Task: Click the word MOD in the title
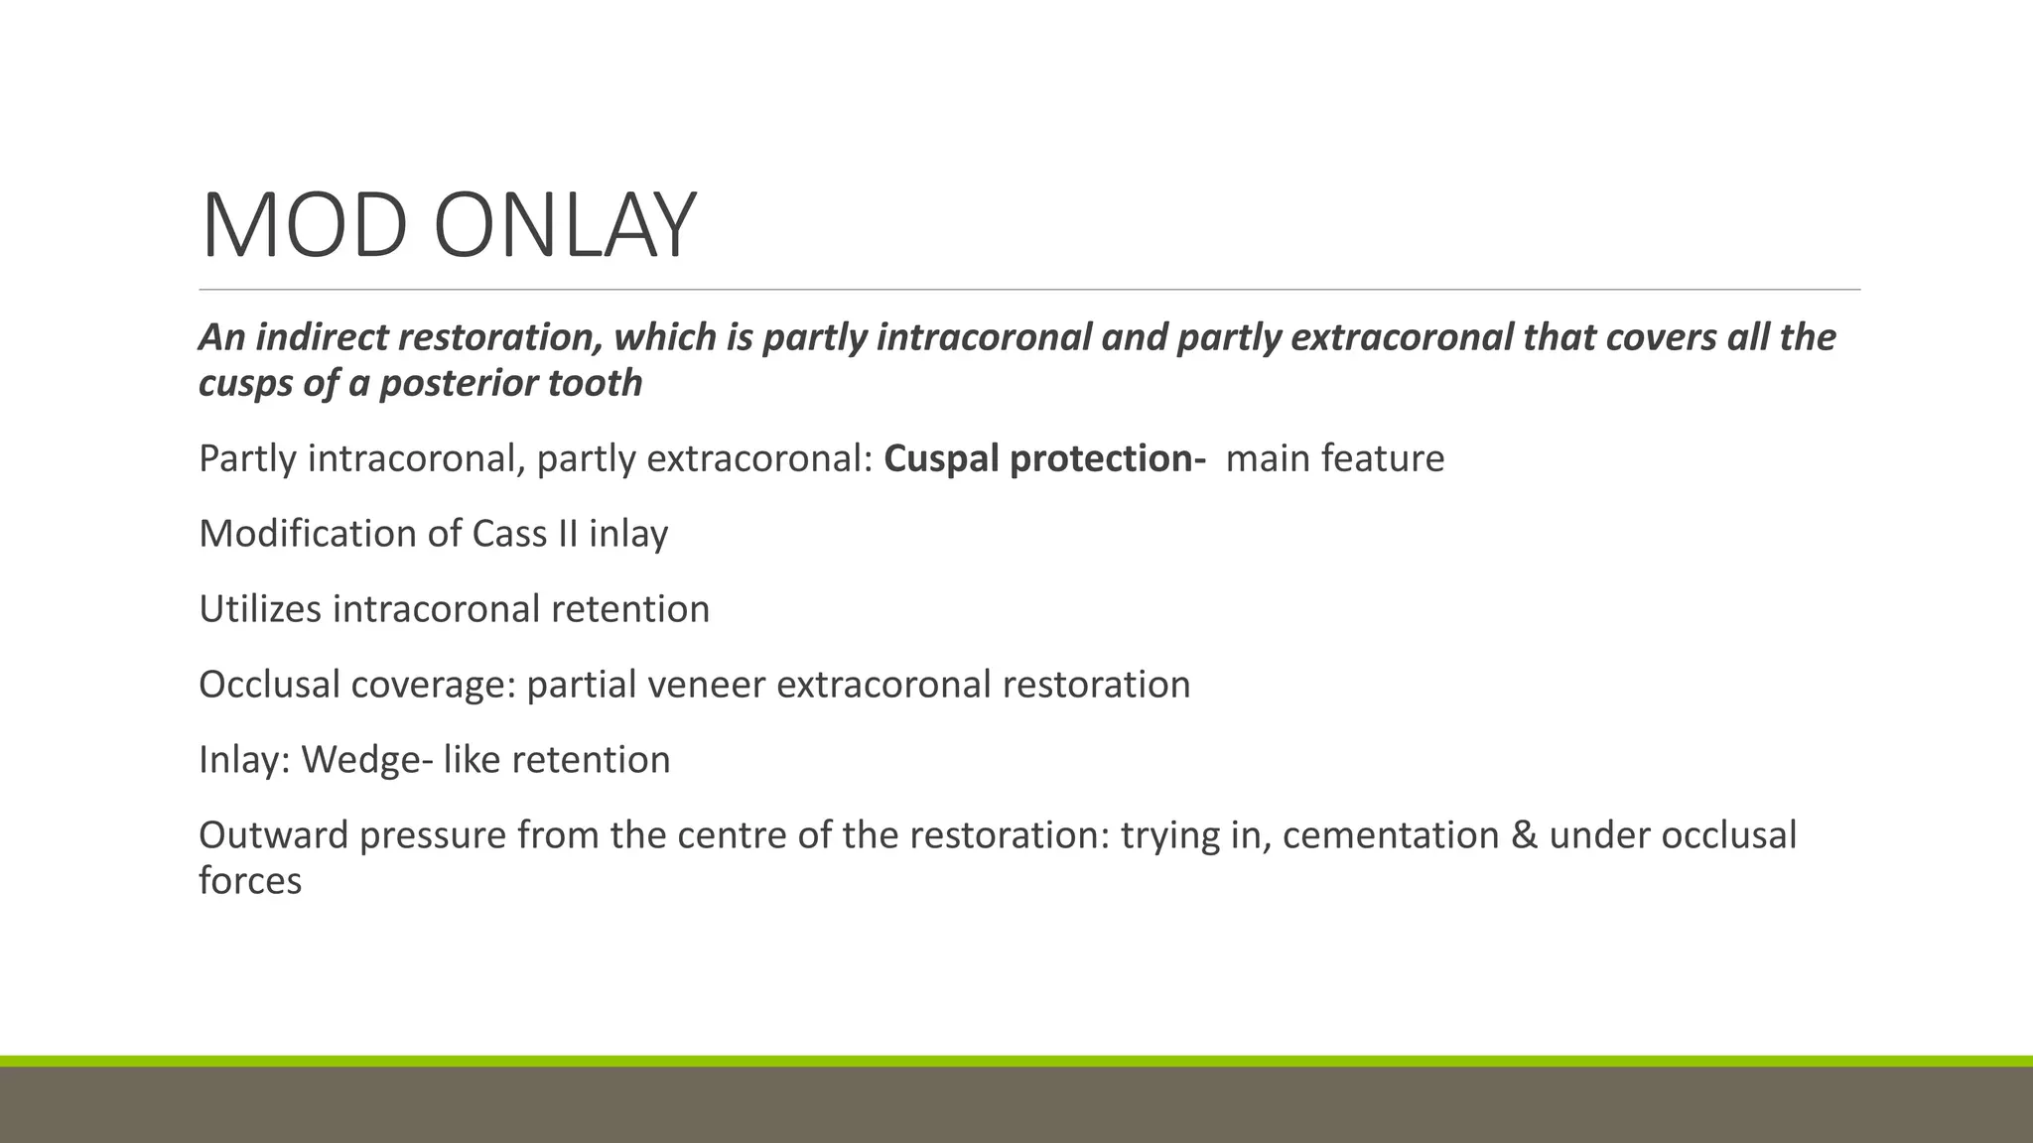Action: tap(304, 226)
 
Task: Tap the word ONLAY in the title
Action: tap(565, 226)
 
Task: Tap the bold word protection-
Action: tap(1107, 459)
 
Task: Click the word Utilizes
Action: tap(260, 609)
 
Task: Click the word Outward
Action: tap(273, 835)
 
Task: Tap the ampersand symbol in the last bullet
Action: tap(1524, 835)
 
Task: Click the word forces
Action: tap(250, 881)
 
